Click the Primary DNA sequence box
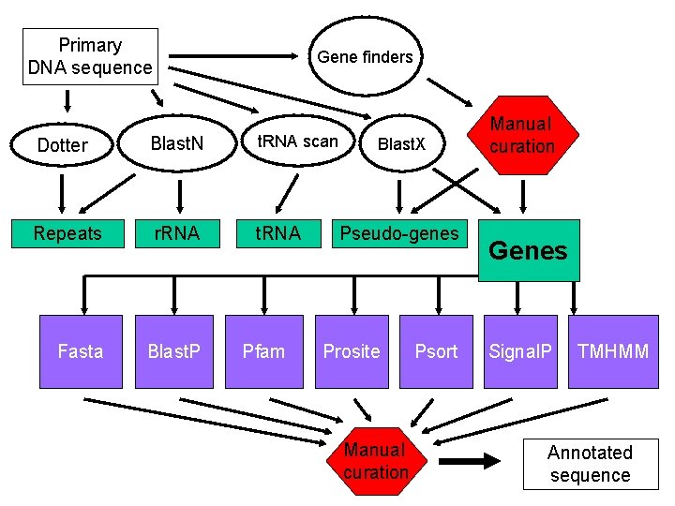(90, 56)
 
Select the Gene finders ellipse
(365, 57)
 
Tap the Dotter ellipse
(62, 145)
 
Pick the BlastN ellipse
(177, 144)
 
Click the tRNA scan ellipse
(297, 142)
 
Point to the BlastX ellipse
(401, 144)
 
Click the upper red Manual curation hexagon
(521, 135)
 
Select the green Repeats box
(67, 233)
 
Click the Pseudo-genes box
(399, 233)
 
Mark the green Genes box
(529, 250)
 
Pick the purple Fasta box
(81, 351)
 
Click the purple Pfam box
(263, 351)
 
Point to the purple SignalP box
(521, 351)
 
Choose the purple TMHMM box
(613, 351)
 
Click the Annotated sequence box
(590, 464)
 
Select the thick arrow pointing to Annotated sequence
(473, 462)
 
